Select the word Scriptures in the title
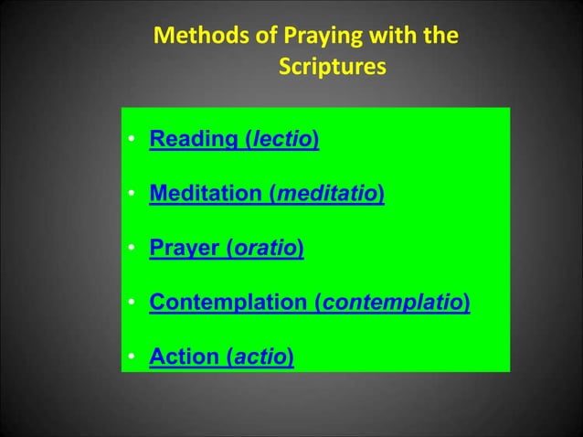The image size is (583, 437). [x=332, y=69]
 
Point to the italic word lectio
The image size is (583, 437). [x=283, y=141]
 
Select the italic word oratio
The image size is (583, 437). [x=267, y=248]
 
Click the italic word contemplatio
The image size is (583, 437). [x=391, y=302]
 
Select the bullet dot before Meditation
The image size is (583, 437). [x=132, y=195]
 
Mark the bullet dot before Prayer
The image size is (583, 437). [x=132, y=249]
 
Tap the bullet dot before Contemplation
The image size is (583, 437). [x=132, y=303]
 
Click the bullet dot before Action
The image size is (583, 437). [x=132, y=357]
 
